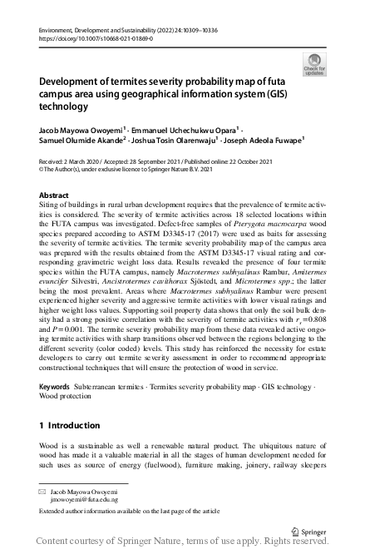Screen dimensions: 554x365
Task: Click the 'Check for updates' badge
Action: [313, 63]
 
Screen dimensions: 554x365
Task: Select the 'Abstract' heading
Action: [55, 195]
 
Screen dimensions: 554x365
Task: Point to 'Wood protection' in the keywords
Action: [69, 398]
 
